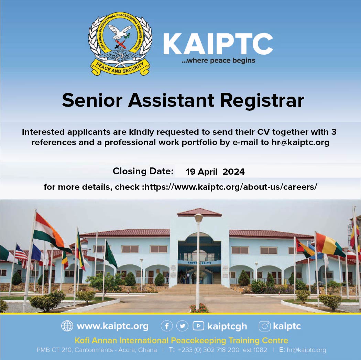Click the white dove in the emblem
[x=120, y=32]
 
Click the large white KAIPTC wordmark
[x=218, y=44]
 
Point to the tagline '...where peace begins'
[x=218, y=61]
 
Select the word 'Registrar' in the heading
[x=262, y=100]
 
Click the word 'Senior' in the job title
[x=92, y=100]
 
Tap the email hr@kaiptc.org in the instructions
[x=300, y=142]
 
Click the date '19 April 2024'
[x=215, y=172]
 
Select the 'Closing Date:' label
[x=143, y=171]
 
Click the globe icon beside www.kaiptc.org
[x=67, y=326]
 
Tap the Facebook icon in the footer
[x=167, y=326]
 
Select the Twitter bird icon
[x=182, y=326]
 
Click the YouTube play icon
[x=198, y=326]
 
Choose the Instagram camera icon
[x=264, y=326]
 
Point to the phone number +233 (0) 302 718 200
[x=209, y=350]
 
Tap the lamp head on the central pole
[x=198, y=217]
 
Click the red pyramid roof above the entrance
[x=199, y=212]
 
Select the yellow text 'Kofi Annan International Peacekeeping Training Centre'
[x=182, y=340]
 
